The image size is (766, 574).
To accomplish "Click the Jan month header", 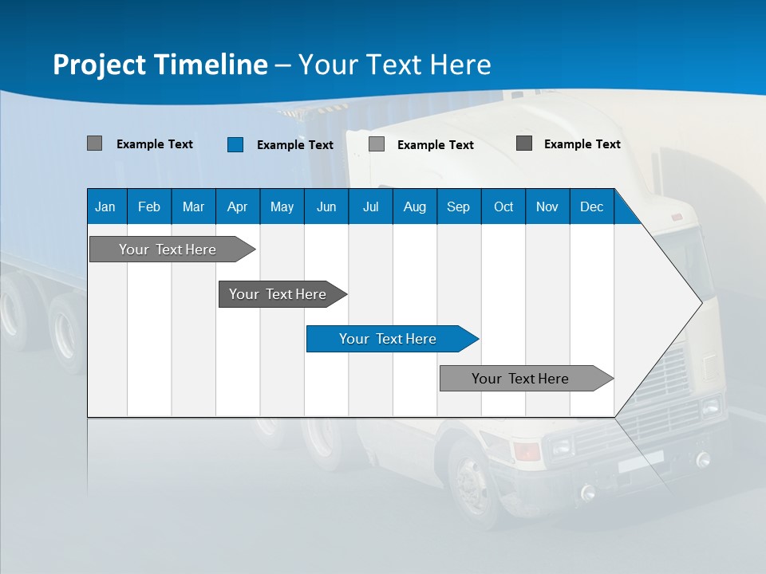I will [105, 207].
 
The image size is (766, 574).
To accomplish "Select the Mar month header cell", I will [193, 207].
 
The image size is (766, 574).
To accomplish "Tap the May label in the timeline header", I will [282, 207].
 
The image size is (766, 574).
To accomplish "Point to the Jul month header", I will [370, 207].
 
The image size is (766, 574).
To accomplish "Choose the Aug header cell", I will [414, 207].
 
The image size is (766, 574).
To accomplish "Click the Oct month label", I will [503, 207].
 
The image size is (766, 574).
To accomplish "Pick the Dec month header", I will [591, 207].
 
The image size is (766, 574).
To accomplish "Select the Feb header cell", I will [149, 207].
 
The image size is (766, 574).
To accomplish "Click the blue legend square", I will [235, 144].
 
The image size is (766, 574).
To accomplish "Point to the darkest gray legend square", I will [524, 143].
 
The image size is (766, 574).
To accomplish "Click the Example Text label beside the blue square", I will [294, 145].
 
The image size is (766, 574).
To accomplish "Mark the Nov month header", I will [547, 207].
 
